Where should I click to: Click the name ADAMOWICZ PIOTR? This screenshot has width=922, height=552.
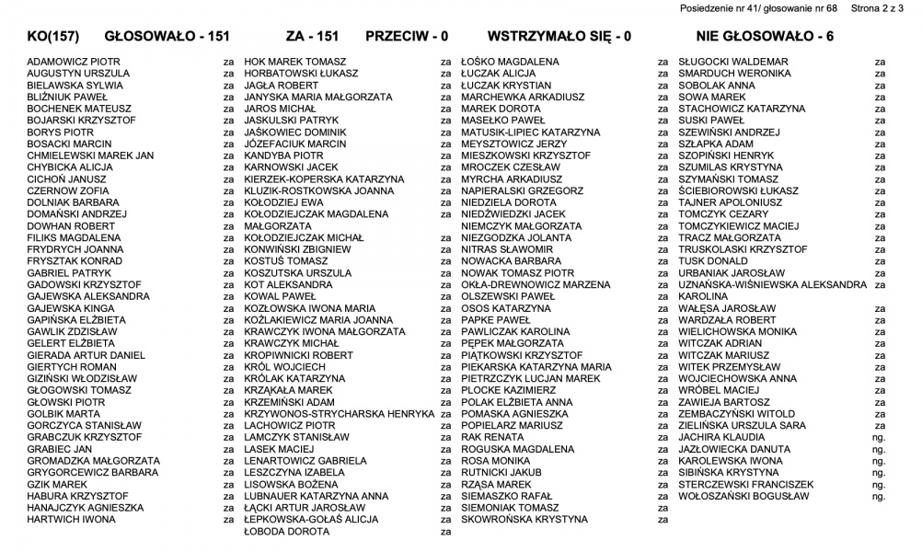74,62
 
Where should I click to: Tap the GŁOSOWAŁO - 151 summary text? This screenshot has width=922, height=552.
167,37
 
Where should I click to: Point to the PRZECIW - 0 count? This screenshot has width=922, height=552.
406,37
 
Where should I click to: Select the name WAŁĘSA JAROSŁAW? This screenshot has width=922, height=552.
727,308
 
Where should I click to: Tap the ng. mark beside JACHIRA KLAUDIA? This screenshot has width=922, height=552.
879,437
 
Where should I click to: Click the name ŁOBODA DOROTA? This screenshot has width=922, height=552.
286,532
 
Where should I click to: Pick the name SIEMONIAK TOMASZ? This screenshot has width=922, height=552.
510,508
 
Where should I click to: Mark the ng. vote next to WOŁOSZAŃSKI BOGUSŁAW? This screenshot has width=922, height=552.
879,496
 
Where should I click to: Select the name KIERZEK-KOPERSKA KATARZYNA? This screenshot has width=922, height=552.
324,179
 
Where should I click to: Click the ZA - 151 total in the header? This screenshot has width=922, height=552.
312,37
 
